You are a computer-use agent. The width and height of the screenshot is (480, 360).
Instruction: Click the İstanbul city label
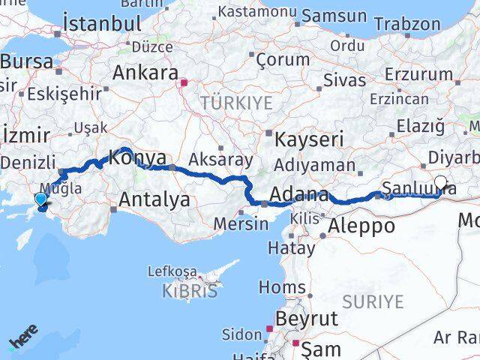103,22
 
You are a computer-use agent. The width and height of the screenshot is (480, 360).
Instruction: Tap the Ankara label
145,73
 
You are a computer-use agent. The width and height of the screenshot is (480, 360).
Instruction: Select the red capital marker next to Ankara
181,74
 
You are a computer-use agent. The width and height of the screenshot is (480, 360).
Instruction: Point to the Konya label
138,158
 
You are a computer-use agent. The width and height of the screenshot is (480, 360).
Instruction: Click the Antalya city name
154,199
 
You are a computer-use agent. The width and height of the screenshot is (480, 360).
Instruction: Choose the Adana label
298,196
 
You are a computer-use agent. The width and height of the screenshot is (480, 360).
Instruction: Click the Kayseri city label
310,139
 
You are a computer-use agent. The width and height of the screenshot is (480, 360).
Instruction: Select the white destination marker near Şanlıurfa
440,181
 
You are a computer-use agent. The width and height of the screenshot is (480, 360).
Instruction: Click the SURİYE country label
373,301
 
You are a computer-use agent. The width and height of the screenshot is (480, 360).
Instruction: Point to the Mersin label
241,223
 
